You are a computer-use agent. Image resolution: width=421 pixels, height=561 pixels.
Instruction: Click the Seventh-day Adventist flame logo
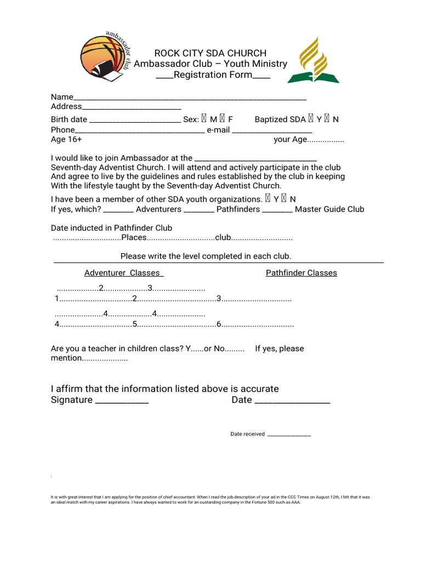(314, 60)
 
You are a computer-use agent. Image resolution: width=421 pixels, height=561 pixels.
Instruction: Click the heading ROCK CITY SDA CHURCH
(210, 53)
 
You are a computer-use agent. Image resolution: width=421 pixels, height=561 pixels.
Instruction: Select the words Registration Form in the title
(213, 75)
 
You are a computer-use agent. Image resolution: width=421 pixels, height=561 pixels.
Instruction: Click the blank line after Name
(189, 98)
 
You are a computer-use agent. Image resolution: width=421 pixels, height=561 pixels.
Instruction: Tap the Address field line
(132, 107)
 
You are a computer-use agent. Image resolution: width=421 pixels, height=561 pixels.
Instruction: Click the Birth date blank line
(134, 119)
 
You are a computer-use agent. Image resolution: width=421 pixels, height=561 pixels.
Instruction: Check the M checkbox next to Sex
(204, 119)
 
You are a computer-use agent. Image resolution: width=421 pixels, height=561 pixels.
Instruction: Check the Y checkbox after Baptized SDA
(311, 119)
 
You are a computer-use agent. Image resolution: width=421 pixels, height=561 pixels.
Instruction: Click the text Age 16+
(66, 140)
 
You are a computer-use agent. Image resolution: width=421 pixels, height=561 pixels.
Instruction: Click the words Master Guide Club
(329, 209)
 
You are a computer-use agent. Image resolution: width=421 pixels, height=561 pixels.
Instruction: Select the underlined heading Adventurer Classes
(124, 273)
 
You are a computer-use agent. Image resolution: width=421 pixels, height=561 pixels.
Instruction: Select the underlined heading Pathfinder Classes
(301, 273)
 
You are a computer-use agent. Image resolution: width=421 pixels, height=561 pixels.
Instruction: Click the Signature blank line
(122, 401)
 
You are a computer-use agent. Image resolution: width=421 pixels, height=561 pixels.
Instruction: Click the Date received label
(247, 434)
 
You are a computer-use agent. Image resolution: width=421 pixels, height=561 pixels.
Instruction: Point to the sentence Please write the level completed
(206, 256)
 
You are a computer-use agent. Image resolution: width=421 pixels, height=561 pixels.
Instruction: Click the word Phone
(62, 130)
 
